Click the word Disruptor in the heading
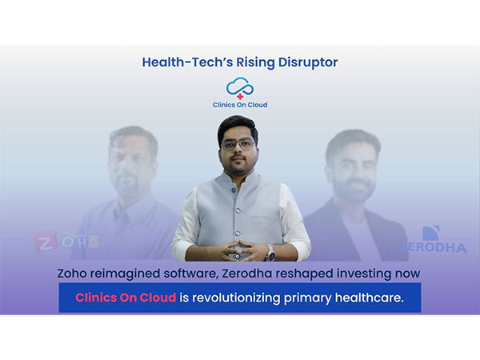pos(306,61)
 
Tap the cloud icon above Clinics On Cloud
pos(239,87)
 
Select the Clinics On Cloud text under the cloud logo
pos(239,106)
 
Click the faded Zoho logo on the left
pos(66,240)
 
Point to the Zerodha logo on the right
pos(436,240)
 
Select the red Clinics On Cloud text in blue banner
pos(126,297)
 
